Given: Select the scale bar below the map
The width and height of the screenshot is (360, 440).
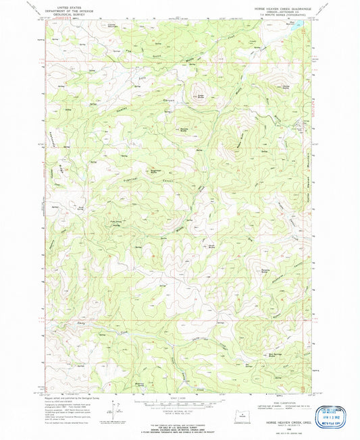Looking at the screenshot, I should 178,402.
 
